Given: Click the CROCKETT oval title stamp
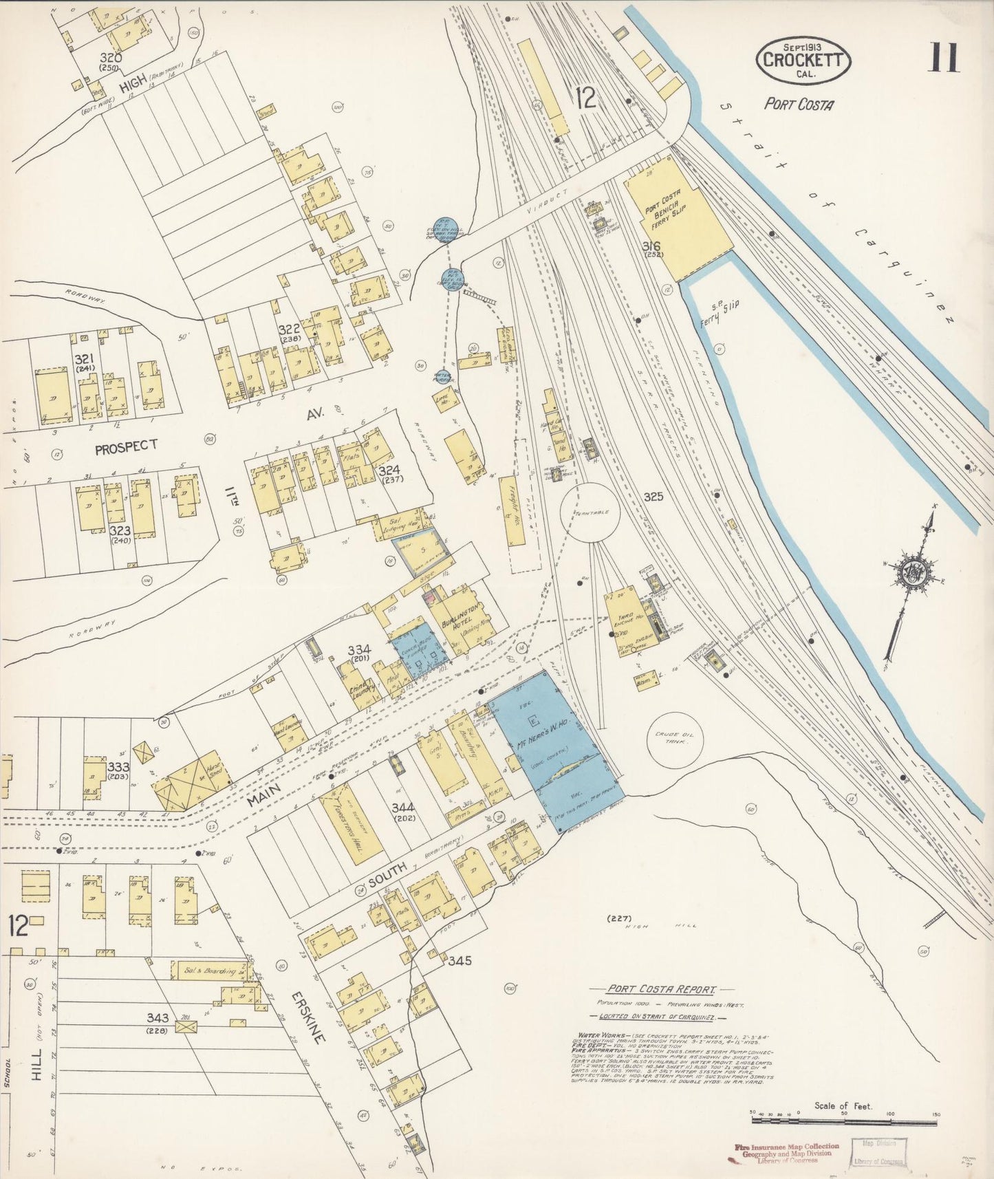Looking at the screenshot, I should [x=803, y=59].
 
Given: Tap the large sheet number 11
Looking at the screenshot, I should [x=943, y=57].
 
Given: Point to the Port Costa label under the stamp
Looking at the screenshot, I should [x=799, y=105].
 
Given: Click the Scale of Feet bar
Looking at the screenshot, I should [x=843, y=1121].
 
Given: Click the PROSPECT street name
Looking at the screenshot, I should [x=126, y=447].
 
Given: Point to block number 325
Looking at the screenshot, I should [x=653, y=496].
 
